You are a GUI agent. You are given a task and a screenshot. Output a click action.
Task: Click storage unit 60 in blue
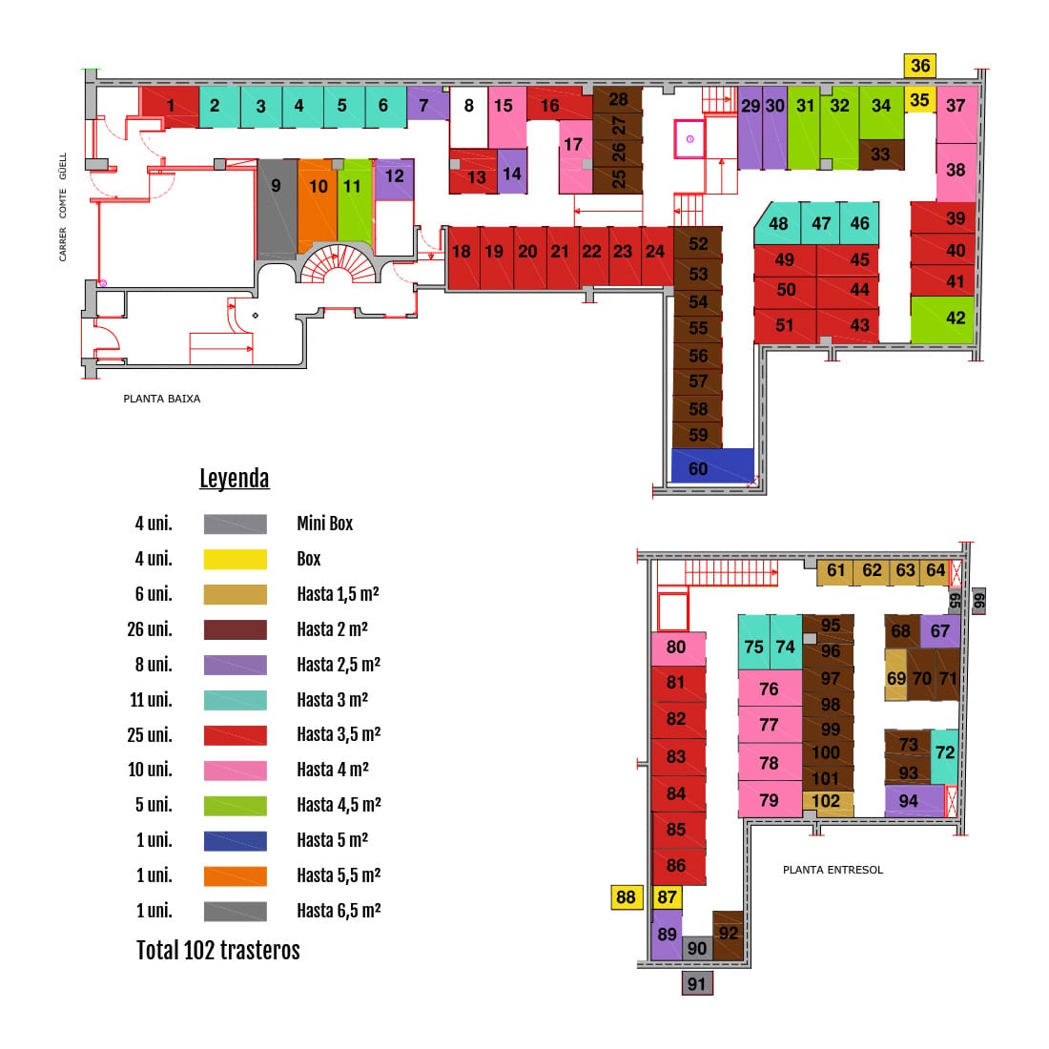click(x=712, y=465)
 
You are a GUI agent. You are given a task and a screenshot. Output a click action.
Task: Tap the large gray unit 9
click(x=277, y=208)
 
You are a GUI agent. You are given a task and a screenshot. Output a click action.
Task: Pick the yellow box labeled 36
click(x=920, y=66)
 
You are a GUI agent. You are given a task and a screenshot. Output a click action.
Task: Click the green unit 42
click(x=942, y=319)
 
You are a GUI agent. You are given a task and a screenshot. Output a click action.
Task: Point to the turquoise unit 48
click(x=777, y=223)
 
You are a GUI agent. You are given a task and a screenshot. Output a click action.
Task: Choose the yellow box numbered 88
click(x=627, y=897)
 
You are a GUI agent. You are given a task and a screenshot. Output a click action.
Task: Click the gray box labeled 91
click(x=696, y=983)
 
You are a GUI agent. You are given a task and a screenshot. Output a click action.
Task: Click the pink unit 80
click(x=678, y=648)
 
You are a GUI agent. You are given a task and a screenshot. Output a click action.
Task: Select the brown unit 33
click(x=881, y=154)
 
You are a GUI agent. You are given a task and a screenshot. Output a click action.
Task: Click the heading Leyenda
click(x=235, y=479)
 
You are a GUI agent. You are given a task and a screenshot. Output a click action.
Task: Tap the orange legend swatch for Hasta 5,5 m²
click(x=236, y=875)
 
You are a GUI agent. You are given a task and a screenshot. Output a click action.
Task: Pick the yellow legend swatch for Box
click(x=236, y=559)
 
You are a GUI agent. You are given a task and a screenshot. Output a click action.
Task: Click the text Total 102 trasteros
click(x=218, y=950)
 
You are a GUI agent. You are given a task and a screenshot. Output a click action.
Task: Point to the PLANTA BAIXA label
click(x=162, y=399)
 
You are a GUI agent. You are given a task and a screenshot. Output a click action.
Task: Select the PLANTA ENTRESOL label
click(x=833, y=870)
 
